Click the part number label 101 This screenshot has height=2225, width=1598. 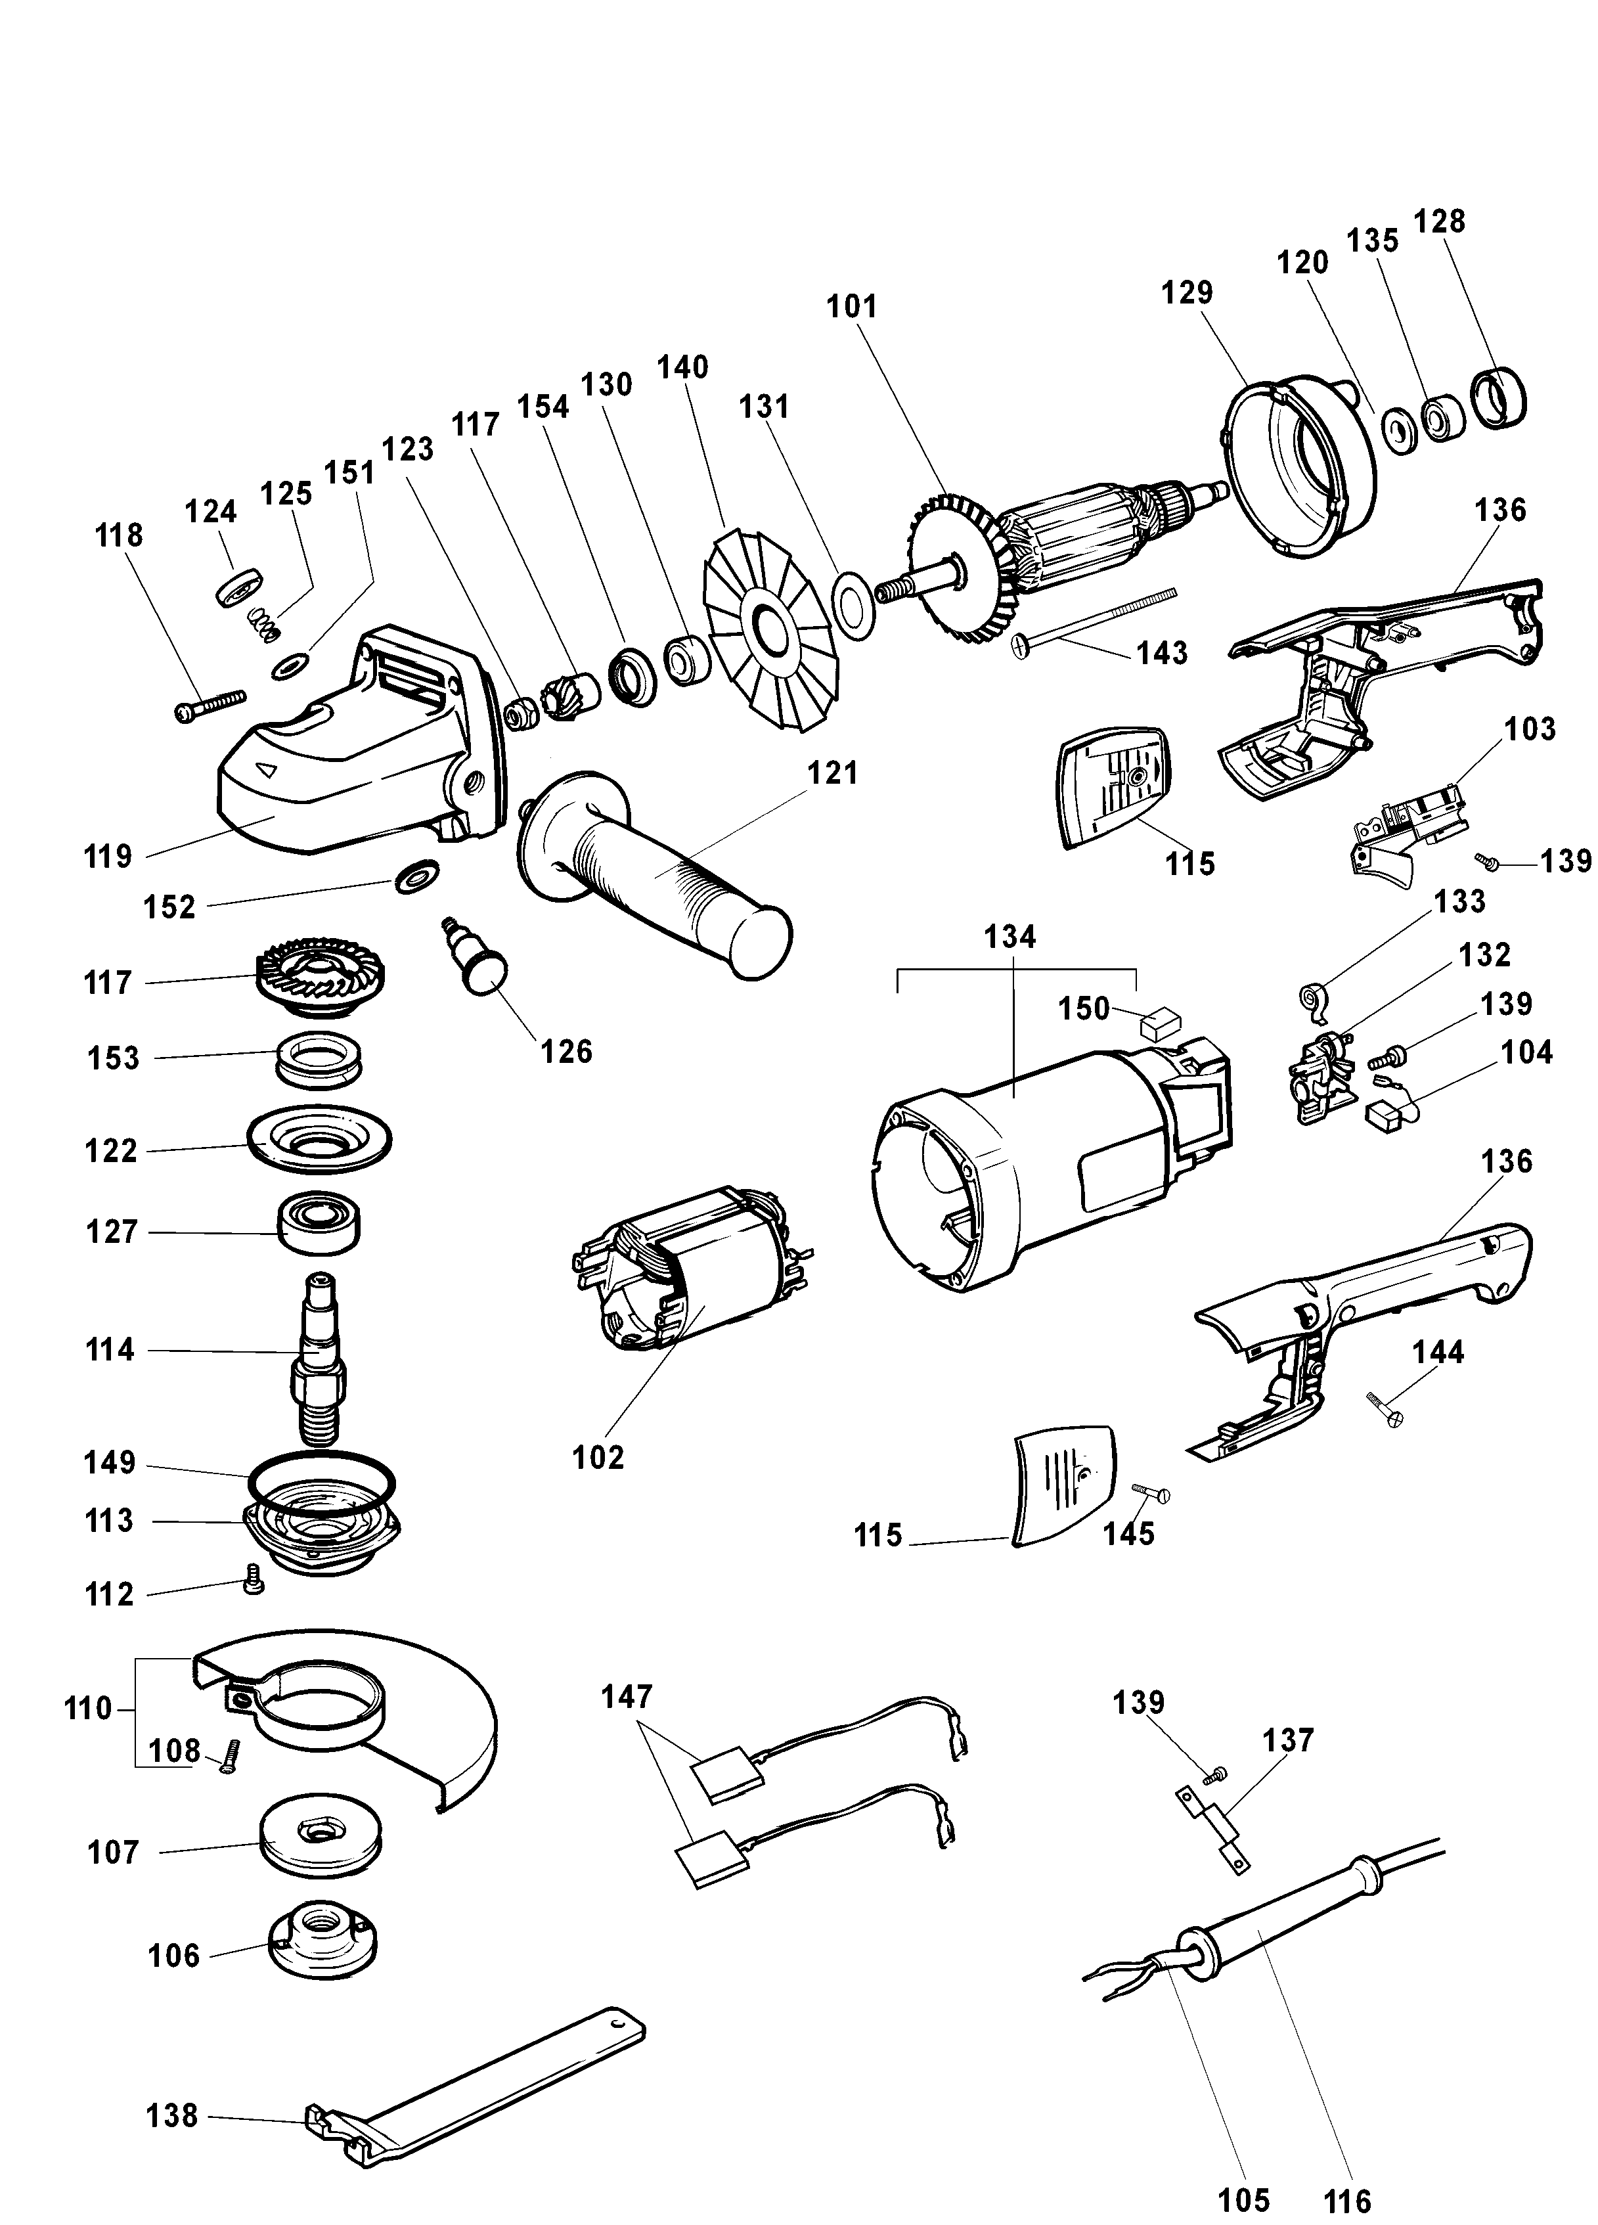[x=851, y=306]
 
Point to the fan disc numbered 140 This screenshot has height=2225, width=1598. [x=768, y=628]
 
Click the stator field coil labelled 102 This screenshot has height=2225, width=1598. [x=686, y=1275]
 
